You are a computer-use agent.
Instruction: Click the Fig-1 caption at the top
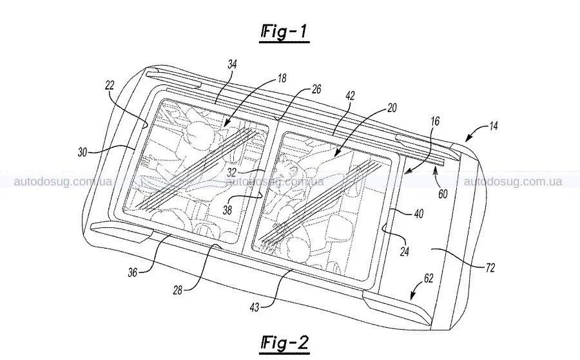[284, 32]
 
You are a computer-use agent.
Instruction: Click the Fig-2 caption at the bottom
[284, 343]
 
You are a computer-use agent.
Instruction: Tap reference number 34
[232, 64]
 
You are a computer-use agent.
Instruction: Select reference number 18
[282, 79]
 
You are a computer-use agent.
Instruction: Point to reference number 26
[316, 89]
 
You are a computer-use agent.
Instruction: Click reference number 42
[349, 96]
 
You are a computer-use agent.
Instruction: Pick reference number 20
[392, 108]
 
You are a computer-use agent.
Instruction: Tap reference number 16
[436, 121]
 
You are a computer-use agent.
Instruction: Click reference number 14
[494, 126]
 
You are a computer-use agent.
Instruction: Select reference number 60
[443, 194]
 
